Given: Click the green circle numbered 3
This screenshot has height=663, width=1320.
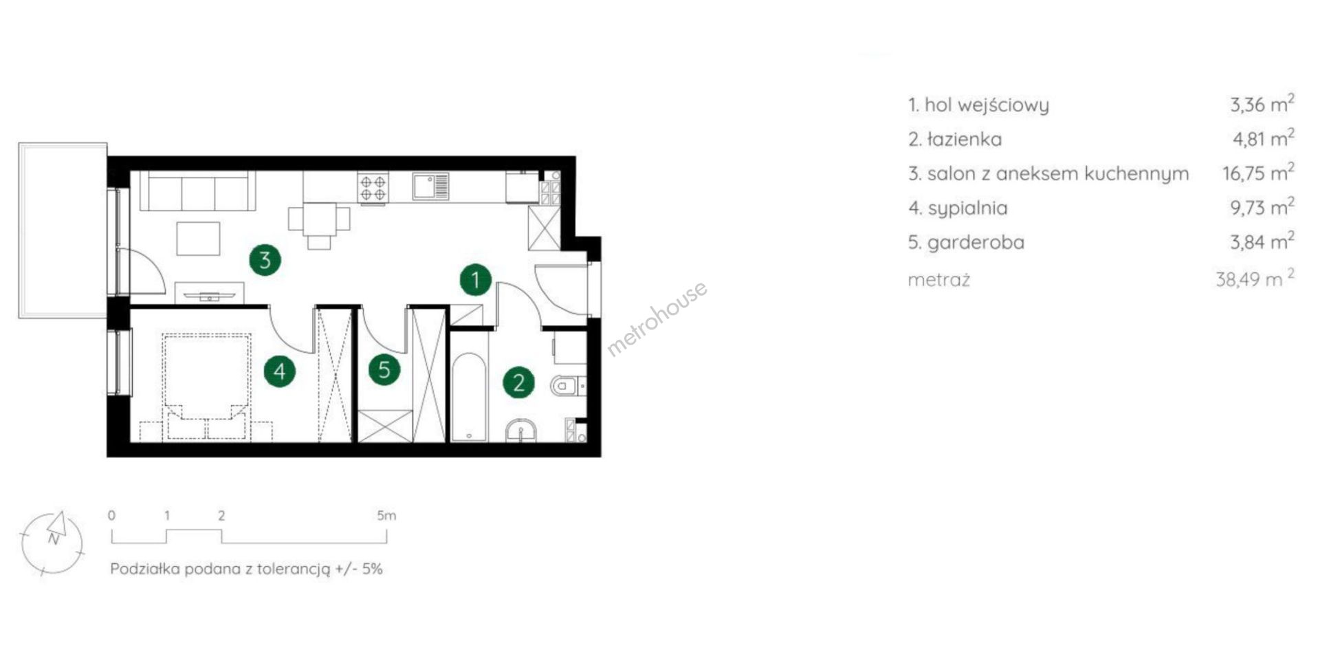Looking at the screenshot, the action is pos(265,259).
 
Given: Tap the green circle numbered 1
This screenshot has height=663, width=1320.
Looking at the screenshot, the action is pos(476,280).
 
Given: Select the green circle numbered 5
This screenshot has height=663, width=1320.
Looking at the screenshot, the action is pos(384,370).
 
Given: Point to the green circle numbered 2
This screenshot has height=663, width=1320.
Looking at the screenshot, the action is pos(519,382).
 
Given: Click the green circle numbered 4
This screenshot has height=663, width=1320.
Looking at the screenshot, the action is pos(280,371).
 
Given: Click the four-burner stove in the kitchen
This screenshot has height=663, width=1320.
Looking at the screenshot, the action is pos(373,188).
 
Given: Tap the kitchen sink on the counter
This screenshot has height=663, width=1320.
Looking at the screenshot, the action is pos(431,185).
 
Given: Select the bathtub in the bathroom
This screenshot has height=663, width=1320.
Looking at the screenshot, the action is pos(470,397).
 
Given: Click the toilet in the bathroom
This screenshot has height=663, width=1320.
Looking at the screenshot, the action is pos(567,386).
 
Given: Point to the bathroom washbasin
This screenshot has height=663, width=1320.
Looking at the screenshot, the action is pos(522,431).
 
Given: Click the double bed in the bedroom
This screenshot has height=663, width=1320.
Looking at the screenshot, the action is pos(206,387).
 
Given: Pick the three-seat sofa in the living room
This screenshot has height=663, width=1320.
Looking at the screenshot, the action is pos(197,191).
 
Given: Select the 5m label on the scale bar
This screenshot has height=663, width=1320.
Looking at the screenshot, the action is pos(386,516).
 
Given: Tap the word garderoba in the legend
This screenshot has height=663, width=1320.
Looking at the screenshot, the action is pos(976,242).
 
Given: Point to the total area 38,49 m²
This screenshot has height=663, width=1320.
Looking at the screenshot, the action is pos(1255,279).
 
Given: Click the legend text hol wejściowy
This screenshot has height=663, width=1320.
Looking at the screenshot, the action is pos(987,105).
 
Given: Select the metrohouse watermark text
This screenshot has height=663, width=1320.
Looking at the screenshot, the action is pos(657,318).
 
